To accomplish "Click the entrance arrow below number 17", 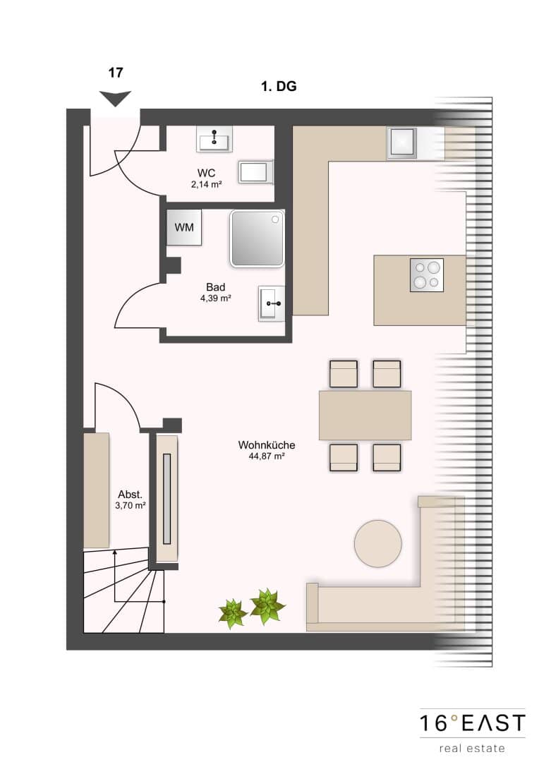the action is click(x=115, y=97).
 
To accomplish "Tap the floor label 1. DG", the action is click(x=279, y=87).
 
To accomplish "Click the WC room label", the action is click(x=206, y=173).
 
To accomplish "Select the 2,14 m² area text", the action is click(x=207, y=184).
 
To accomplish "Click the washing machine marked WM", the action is click(x=183, y=227).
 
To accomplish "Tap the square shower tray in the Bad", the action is click(x=257, y=238).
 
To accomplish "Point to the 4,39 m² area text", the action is click(x=215, y=298).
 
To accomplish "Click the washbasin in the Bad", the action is click(x=271, y=303).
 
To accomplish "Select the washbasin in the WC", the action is click(x=214, y=138).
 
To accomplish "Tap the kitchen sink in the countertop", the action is click(x=401, y=143).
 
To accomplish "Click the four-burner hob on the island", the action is click(x=427, y=275).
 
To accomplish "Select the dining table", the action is click(x=365, y=415).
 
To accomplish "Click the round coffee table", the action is click(x=377, y=544).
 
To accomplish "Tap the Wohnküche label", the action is click(x=267, y=445).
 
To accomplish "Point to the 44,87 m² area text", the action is click(x=267, y=456).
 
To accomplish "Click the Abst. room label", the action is click(x=131, y=495).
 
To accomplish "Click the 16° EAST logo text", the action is click(x=472, y=723).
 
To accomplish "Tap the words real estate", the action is click(x=472, y=748).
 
